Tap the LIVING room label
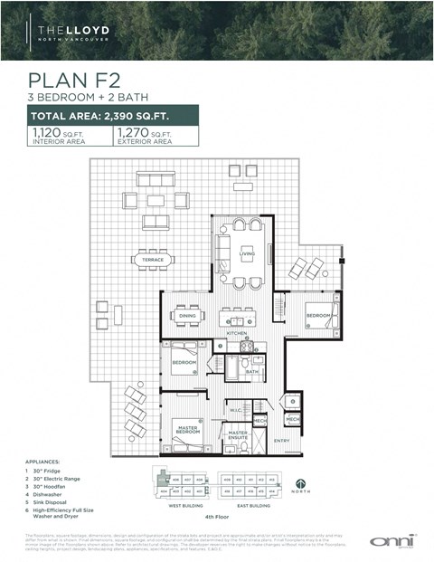247,254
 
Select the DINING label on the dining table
188,316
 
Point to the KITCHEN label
238,333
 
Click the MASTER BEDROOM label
188,432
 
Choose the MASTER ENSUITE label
238,435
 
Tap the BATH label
252,371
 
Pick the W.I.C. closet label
234,410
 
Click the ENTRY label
281,441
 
